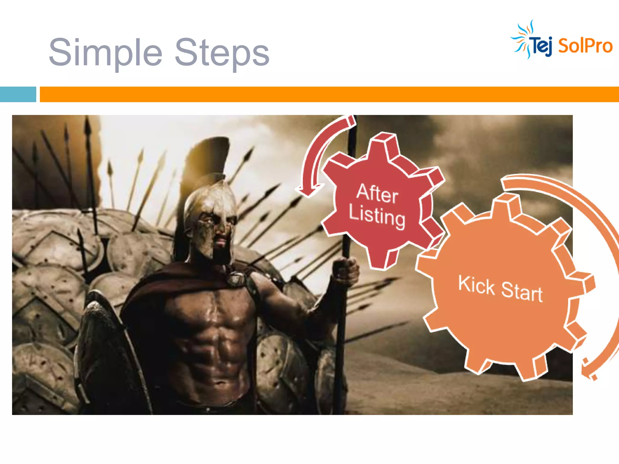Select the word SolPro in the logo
(x=585, y=46)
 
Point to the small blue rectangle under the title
(x=18, y=94)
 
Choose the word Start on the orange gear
(x=522, y=291)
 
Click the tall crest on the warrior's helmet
(x=209, y=157)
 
